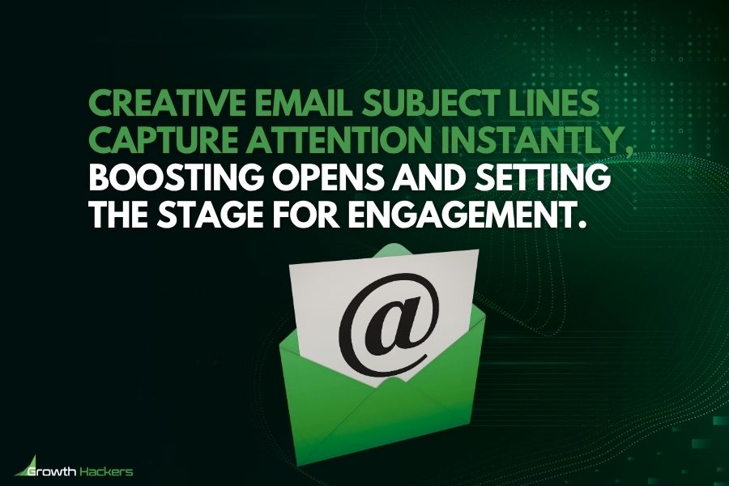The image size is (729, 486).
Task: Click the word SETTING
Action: click(542, 177)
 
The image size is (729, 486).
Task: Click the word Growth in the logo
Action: click(51, 472)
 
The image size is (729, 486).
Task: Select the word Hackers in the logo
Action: click(106, 471)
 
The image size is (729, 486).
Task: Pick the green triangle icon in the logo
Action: click(27, 465)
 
